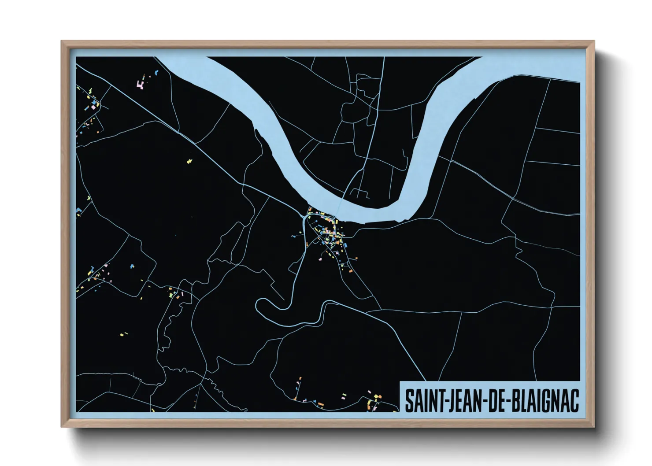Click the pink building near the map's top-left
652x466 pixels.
141,85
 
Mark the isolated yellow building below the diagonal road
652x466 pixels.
190,161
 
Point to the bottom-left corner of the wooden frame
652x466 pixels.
62,426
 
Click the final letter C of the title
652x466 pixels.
574,401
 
